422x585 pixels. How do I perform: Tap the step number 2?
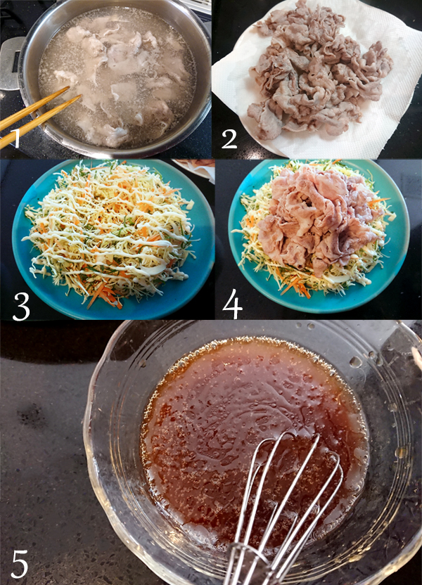point(229,139)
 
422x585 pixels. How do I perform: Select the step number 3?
point(21,307)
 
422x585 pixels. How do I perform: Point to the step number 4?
point(233,307)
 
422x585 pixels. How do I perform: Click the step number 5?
point(20,565)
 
